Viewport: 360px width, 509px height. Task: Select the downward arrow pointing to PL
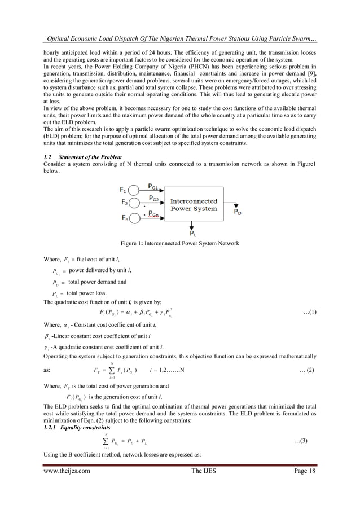[192, 223]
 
